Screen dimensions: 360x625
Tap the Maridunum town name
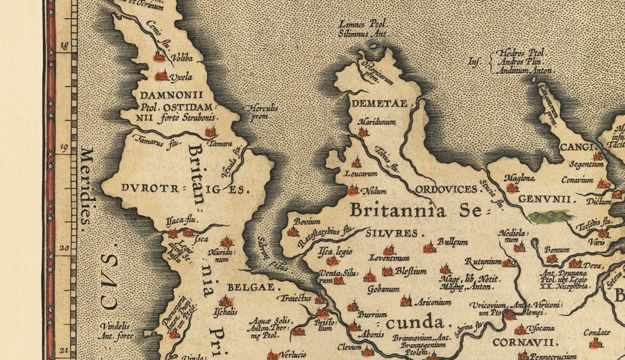pos(376,122)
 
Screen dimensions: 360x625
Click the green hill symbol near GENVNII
pos(550,217)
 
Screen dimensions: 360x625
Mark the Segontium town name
pos(583,165)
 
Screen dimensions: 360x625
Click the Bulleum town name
pos(453,242)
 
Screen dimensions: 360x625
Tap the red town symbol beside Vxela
pos(161,76)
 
